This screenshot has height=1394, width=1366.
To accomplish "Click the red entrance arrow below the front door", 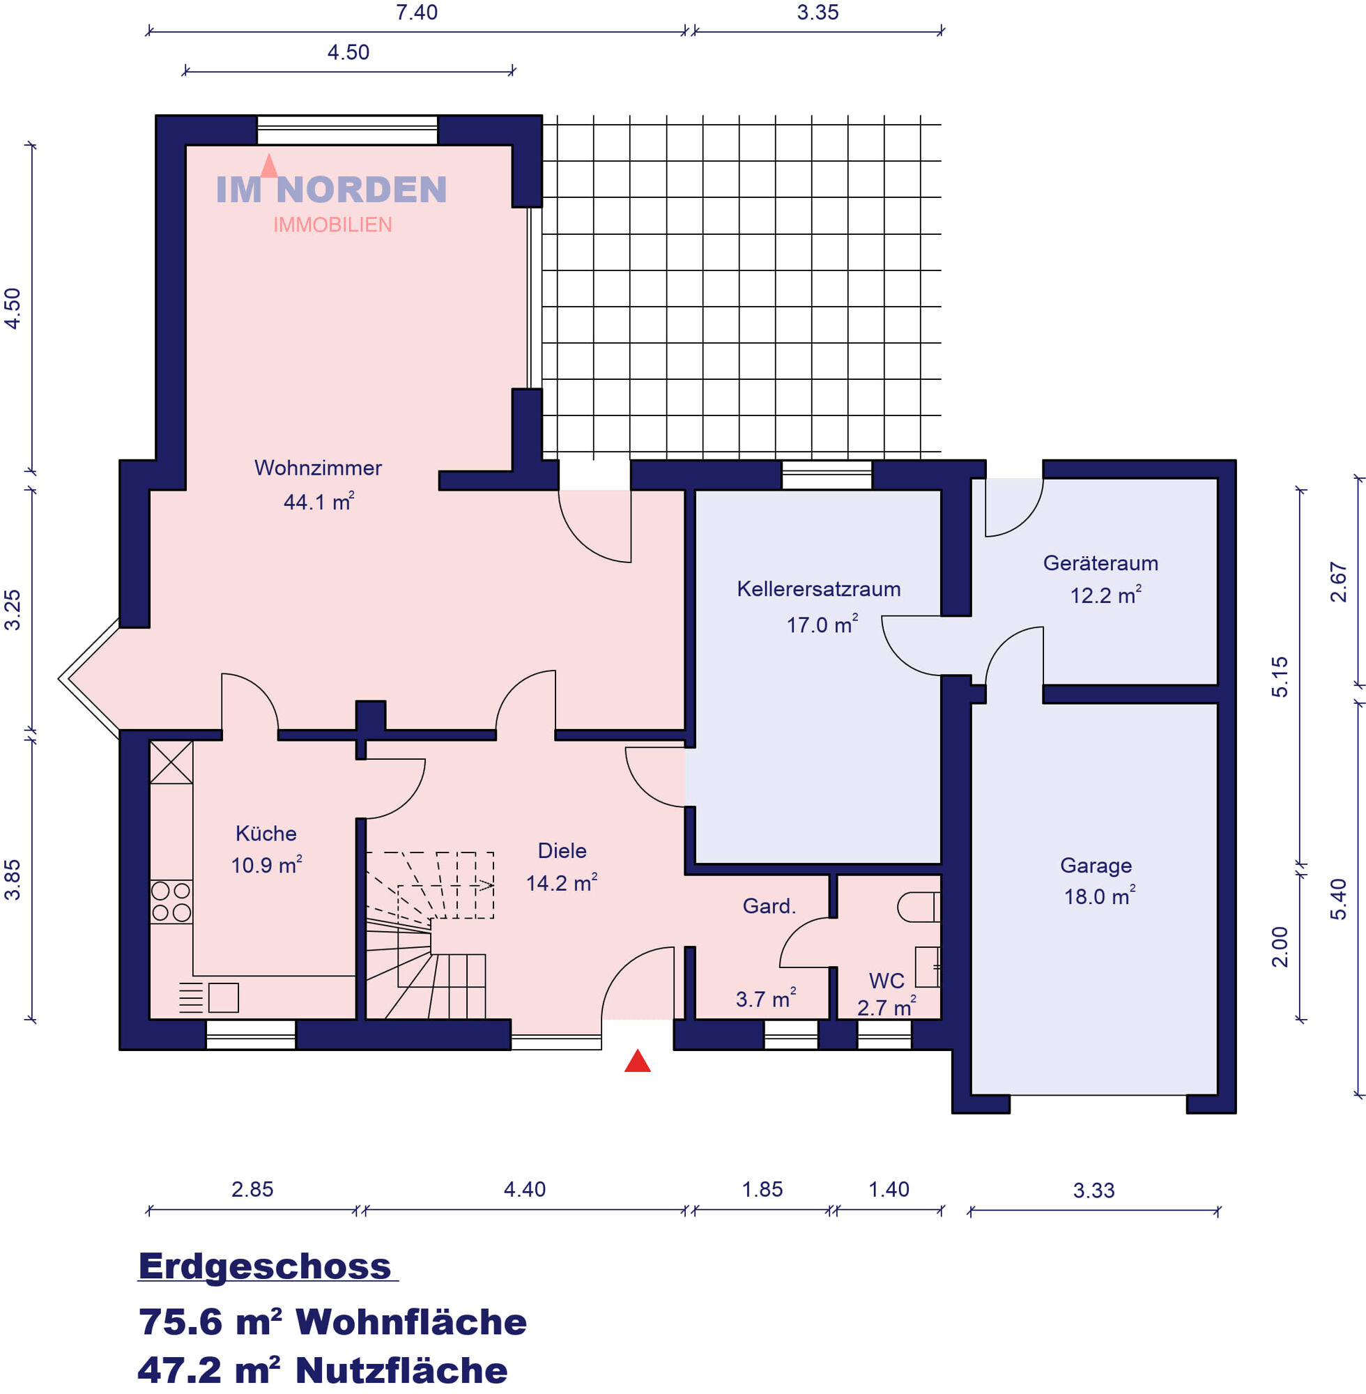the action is [x=637, y=1061].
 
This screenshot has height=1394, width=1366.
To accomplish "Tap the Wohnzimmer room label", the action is [x=318, y=468].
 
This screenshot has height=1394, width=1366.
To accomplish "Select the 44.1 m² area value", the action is [x=319, y=500].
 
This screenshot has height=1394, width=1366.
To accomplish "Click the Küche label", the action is [x=266, y=833].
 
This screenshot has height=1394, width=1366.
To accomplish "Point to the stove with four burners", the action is [x=171, y=901].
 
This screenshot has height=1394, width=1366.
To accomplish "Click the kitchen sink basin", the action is [x=223, y=997].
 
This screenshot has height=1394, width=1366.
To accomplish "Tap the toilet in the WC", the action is [x=919, y=907].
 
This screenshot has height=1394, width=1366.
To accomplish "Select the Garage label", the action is [x=1096, y=865].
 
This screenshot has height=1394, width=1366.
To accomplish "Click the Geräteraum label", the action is [x=1100, y=563].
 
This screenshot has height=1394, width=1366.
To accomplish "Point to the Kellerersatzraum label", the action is [x=819, y=589].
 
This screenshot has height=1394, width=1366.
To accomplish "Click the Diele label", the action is [x=562, y=851].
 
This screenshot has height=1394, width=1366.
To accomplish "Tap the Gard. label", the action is [x=769, y=906].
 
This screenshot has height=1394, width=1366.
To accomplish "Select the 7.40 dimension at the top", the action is [x=416, y=12].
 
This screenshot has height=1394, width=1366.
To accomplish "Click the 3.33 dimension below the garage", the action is [x=1093, y=1191].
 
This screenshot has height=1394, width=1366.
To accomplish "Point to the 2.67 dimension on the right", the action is [x=1339, y=582].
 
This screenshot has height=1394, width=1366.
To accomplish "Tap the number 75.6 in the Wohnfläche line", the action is [x=180, y=1322].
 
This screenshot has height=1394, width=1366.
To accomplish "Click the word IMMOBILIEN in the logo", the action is [x=332, y=224].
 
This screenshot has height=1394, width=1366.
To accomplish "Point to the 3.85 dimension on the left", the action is [x=13, y=880].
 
